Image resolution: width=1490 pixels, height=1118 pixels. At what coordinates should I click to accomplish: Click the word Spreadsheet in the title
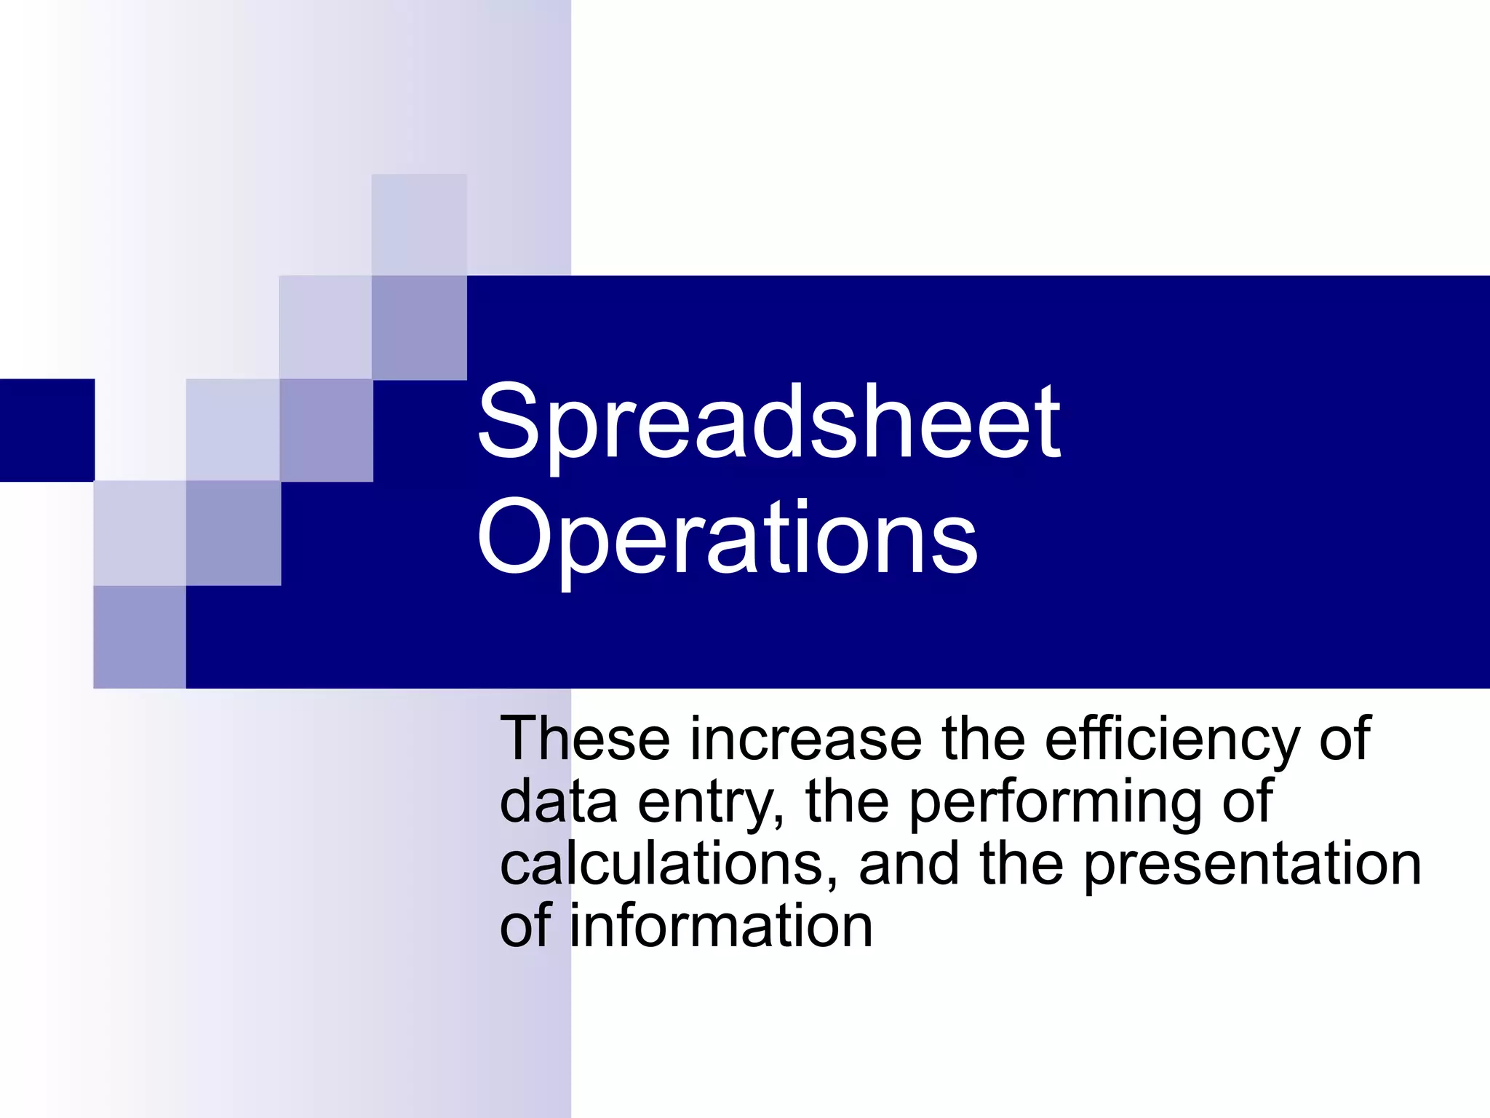(x=768, y=424)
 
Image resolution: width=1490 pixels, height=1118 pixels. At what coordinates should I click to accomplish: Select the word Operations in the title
(x=727, y=539)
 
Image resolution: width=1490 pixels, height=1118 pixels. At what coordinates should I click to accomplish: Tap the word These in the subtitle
(x=585, y=740)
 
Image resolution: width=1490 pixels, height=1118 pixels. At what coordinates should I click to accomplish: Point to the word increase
(x=805, y=740)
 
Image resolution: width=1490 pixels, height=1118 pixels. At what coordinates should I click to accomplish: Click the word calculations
(x=662, y=865)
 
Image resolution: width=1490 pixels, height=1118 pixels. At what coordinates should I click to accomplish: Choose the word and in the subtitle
(x=909, y=865)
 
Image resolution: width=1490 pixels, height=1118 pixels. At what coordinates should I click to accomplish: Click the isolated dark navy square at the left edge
(x=47, y=430)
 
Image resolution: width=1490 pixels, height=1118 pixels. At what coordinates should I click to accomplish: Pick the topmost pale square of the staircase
(x=419, y=224)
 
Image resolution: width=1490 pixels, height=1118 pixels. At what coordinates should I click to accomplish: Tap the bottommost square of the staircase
(x=140, y=637)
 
